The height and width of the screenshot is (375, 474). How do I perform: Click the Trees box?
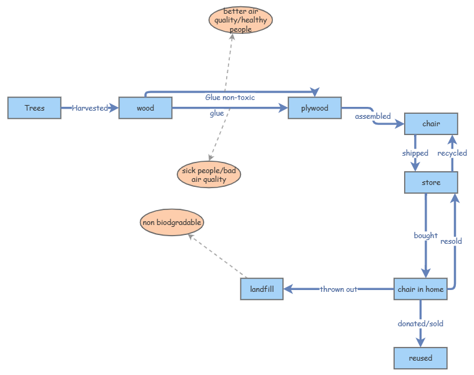[34, 108]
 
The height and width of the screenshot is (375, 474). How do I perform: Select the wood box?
[145, 108]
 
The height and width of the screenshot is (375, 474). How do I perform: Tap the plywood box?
[315, 108]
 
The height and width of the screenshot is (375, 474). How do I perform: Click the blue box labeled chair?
[431, 124]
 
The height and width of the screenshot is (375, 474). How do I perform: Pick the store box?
[431, 182]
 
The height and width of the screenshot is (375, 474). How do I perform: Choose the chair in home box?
[420, 289]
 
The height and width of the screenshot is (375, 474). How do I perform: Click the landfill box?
[262, 289]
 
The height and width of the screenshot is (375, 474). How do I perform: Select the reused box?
[420, 358]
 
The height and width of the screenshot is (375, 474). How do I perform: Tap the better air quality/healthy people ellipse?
[240, 20]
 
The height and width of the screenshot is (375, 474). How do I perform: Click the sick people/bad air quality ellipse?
[209, 175]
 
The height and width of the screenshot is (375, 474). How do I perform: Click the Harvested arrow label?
[90, 108]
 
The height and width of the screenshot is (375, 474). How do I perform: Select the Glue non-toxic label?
[230, 97]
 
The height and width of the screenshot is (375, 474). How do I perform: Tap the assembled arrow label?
[373, 116]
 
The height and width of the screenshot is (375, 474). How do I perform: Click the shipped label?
[415, 153]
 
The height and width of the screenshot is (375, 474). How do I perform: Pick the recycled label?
[452, 153]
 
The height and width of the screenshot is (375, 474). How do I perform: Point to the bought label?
[425, 236]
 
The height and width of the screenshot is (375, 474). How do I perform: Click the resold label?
[451, 241]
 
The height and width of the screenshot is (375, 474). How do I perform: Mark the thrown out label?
[338, 289]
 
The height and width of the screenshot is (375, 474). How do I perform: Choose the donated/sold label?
[420, 324]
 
